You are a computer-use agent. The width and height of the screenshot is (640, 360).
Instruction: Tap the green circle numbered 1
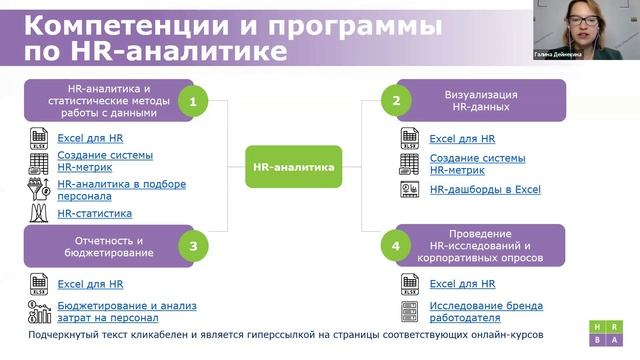(x=192, y=101)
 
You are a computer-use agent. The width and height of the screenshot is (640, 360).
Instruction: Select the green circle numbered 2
(x=396, y=101)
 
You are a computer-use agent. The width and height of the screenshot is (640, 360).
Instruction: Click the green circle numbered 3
(x=192, y=246)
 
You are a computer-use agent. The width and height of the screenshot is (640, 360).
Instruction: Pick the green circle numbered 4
(x=396, y=246)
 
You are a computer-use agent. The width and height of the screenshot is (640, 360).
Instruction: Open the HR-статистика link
(x=94, y=213)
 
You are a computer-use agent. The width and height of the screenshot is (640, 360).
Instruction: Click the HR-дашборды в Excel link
(x=484, y=189)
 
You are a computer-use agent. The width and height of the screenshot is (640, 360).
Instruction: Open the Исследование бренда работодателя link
(x=485, y=311)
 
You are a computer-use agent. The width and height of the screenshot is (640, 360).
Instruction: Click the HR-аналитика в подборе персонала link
(x=113, y=190)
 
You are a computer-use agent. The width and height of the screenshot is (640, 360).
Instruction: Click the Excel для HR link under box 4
(x=462, y=284)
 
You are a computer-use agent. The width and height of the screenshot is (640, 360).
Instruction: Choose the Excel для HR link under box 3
(x=90, y=284)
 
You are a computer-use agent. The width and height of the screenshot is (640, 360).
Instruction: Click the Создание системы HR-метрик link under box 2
(x=477, y=164)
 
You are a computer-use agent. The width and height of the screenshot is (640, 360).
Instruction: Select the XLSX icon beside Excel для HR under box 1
(x=40, y=138)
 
